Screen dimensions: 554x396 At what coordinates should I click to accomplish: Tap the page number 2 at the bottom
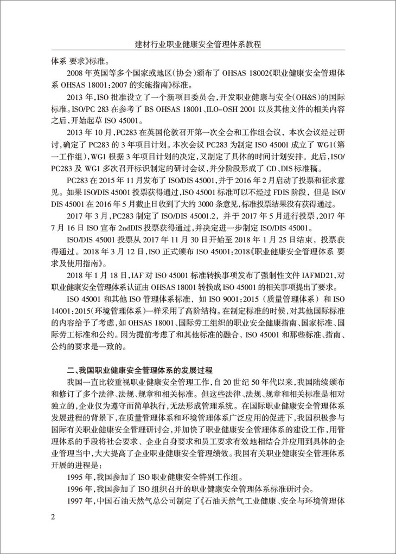pyautogui.click(x=53, y=516)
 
